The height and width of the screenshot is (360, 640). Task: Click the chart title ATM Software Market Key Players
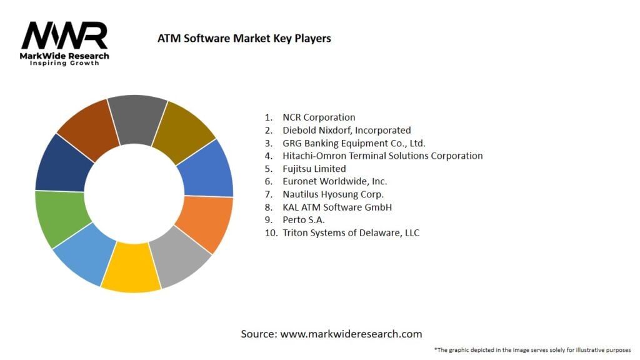click(x=244, y=38)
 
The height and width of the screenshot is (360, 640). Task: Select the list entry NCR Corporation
click(x=319, y=117)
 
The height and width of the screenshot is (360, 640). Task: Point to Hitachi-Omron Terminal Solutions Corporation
click(x=382, y=156)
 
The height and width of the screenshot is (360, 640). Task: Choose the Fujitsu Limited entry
click(x=314, y=169)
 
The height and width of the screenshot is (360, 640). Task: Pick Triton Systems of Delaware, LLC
click(x=351, y=233)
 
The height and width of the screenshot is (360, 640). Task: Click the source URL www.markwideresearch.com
click(x=351, y=334)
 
